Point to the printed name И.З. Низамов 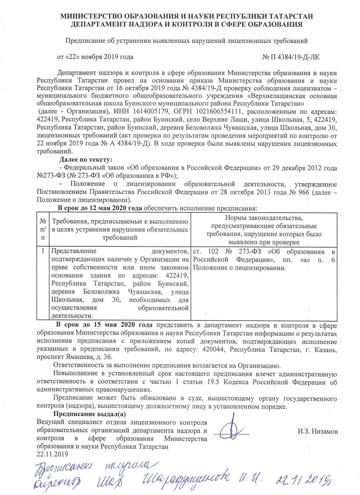click(x=318, y=431)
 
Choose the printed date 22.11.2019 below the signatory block click(x=52, y=454)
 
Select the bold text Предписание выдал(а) click(x=90, y=414)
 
